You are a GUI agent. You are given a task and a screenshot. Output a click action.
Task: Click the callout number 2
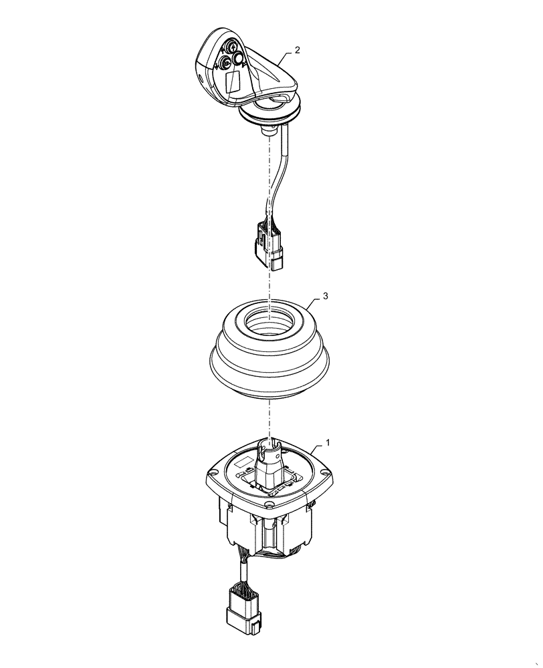point(298,50)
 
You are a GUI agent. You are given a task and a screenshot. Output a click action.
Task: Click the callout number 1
point(328,442)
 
